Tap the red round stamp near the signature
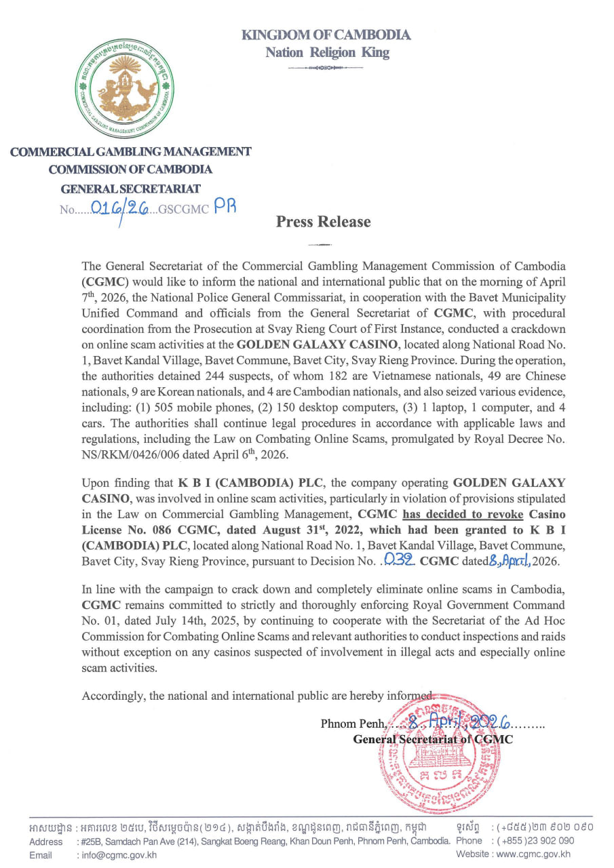[434, 746]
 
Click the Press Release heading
[323, 222]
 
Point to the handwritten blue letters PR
[225, 208]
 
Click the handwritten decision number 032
[400, 560]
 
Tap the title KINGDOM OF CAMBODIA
[326, 35]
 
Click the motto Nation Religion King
[327, 52]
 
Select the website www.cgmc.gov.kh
[533, 855]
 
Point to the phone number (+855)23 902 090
[533, 841]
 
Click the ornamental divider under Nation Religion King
[328, 68]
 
